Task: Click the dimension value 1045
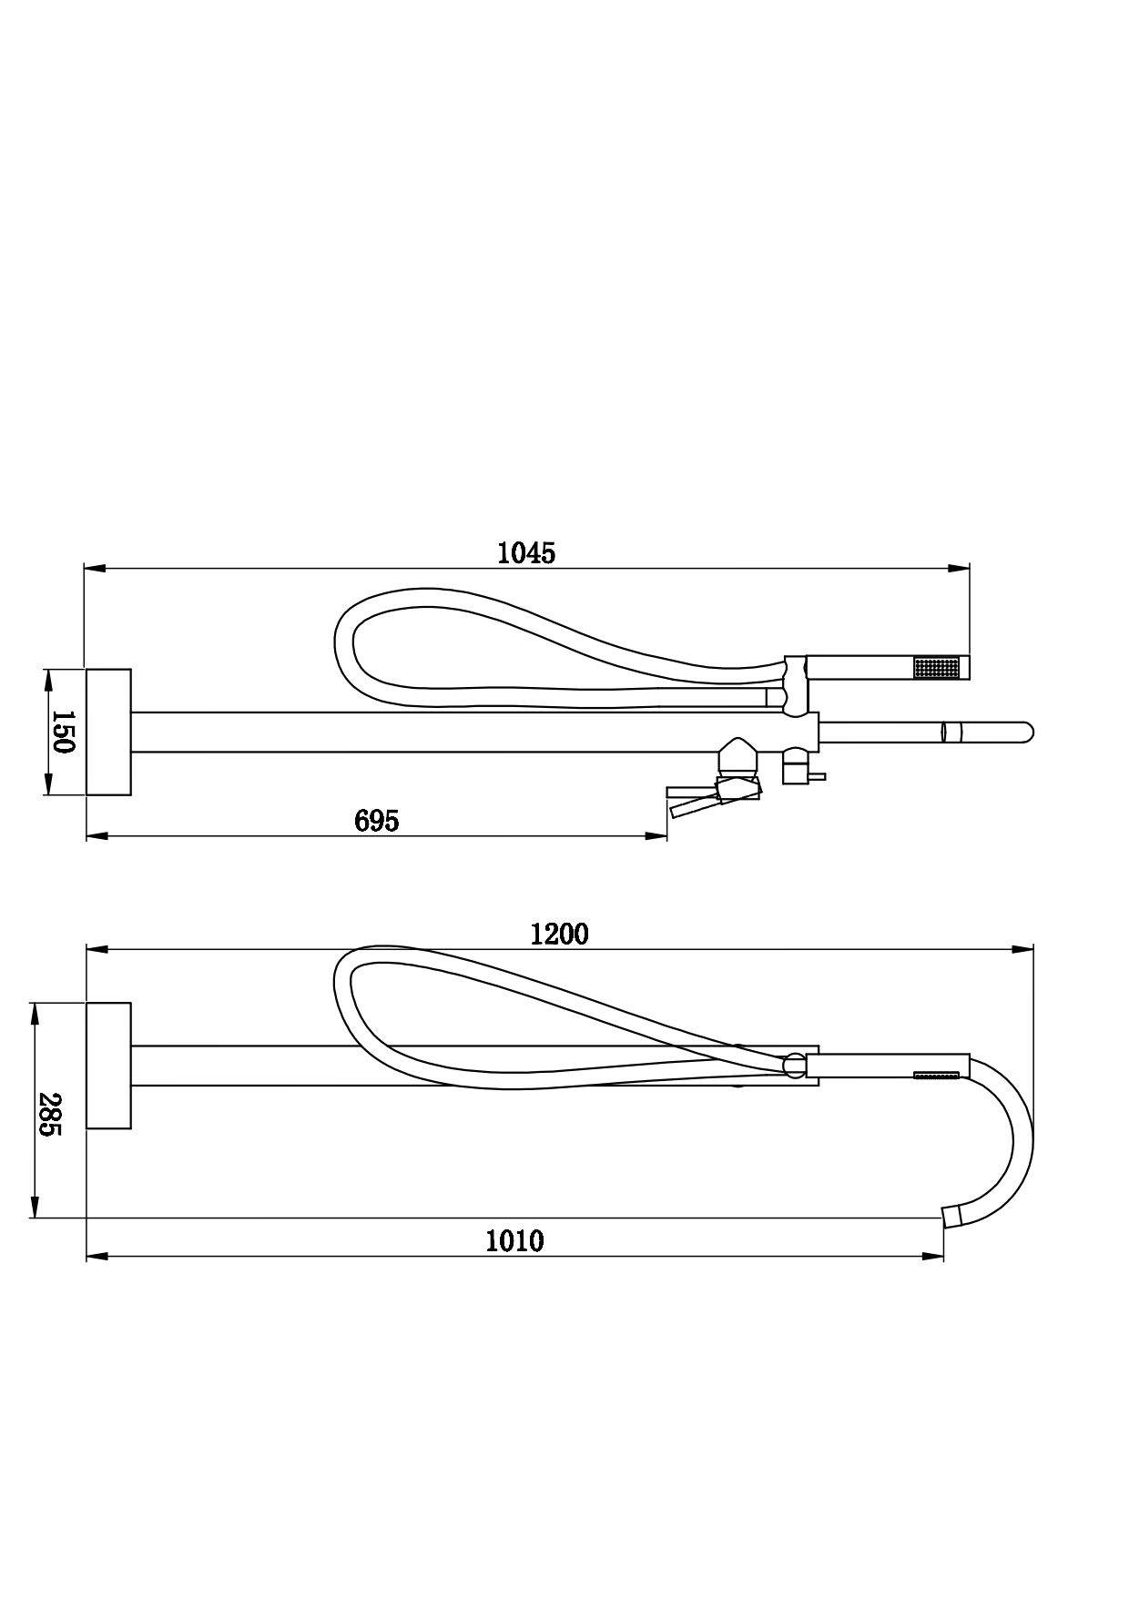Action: (526, 552)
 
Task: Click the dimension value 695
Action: (377, 821)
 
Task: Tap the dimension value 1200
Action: (560, 934)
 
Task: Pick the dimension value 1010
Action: (514, 1241)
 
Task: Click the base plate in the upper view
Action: (108, 732)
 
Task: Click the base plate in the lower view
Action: (108, 1066)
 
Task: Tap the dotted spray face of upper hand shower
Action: (936, 667)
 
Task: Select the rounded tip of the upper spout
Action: (1027, 732)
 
